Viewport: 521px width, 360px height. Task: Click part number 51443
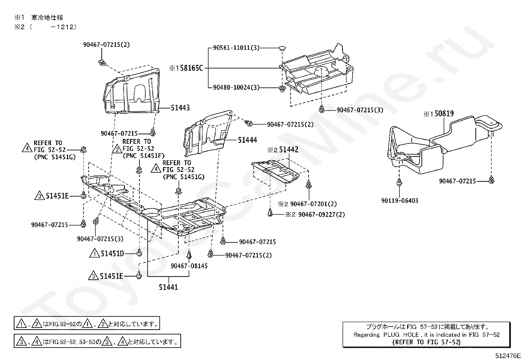pos(180,108)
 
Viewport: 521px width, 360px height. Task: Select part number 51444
pos(247,140)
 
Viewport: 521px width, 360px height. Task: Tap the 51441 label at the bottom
pos(169,287)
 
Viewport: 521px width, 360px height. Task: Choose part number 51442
pos(289,150)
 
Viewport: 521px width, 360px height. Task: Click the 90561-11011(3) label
pos(236,48)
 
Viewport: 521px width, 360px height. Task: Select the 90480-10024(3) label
pos(236,88)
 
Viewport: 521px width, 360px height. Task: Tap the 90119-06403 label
pos(400,200)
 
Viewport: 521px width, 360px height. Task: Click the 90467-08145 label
pos(189,266)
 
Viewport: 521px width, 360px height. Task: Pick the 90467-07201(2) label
pos(314,204)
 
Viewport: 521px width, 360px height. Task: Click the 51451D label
pos(112,254)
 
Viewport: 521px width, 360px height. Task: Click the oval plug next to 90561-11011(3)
pos(282,48)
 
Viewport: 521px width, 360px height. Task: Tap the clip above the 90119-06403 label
pos(399,182)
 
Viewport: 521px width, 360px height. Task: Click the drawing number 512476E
pos(507,355)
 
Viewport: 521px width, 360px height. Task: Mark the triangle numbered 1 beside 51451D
pos(95,254)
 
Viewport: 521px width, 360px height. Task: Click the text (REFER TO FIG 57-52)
pos(426,342)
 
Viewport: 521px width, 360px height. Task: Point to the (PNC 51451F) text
pos(143,156)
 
